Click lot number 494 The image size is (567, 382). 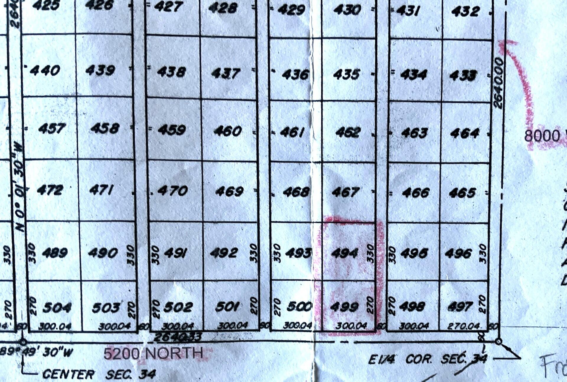(344, 253)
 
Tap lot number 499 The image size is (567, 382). (344, 307)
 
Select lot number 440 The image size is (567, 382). (45, 71)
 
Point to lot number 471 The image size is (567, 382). (101, 190)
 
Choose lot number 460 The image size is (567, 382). (228, 131)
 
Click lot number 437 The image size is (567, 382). (226, 74)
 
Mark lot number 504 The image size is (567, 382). (57, 308)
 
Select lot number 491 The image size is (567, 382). (175, 253)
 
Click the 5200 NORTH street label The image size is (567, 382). (154, 353)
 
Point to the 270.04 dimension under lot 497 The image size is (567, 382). (463, 326)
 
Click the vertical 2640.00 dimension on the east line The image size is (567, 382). (498, 83)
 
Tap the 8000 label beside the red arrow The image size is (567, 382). (542, 136)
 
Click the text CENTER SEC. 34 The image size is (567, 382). (99, 374)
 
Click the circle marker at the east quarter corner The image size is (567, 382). (498, 342)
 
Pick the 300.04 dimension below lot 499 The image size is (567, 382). (351, 326)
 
